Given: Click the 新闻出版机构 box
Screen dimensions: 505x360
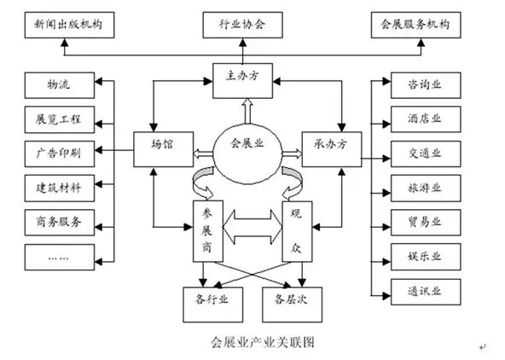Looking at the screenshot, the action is pyautogui.click(x=69, y=25).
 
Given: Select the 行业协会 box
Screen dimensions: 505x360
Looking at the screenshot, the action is pyautogui.click(x=242, y=25).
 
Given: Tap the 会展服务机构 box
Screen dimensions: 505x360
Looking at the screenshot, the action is pyautogui.click(x=415, y=25).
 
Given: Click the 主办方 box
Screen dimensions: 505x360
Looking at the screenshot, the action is pyautogui.click(x=242, y=81).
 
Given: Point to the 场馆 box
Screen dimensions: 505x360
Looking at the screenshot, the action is pyautogui.click(x=164, y=149).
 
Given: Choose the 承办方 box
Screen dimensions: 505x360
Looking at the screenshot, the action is pyautogui.click(x=332, y=149).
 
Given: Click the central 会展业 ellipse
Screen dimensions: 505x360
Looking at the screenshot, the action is pyautogui.click(x=247, y=154).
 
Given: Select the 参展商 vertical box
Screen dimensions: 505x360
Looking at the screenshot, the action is pyautogui.click(x=208, y=231).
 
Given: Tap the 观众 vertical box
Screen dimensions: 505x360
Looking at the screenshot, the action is pyautogui.click(x=297, y=231).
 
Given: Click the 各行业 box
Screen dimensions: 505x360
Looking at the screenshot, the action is pyautogui.click(x=213, y=305).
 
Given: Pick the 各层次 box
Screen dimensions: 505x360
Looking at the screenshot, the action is pyautogui.click(x=292, y=305).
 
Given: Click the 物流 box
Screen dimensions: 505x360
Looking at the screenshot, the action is pyautogui.click(x=60, y=85).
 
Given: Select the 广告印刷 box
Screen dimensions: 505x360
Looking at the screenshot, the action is pyautogui.click(x=60, y=154).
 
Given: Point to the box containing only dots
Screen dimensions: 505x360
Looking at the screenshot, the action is pyautogui.click(x=60, y=257).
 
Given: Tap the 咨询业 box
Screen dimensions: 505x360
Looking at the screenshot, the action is pyautogui.click(x=426, y=85).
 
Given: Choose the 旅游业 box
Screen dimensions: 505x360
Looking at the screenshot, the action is pyautogui.click(x=426, y=189).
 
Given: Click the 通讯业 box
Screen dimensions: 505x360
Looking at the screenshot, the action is pyautogui.click(x=426, y=292).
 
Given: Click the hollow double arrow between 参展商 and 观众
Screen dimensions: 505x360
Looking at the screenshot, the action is pyautogui.click(x=252, y=227).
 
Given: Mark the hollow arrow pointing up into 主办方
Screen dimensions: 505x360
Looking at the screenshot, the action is pyautogui.click(x=247, y=111).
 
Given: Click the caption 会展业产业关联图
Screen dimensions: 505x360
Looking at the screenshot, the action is pyautogui.click(x=263, y=342).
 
